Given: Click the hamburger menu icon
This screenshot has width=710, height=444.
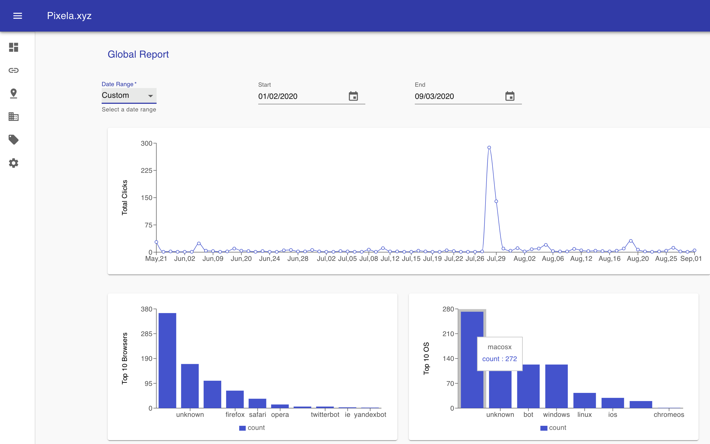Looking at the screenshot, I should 18,16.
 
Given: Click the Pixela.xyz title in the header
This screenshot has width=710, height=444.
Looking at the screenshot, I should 69,16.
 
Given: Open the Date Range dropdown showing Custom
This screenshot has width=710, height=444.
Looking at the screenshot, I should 129,95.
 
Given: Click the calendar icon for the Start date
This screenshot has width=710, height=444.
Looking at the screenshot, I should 353,96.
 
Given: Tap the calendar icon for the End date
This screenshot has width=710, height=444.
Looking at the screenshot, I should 510,96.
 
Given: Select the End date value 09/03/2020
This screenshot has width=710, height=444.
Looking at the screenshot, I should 434,96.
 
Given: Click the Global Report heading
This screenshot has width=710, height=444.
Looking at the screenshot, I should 138,54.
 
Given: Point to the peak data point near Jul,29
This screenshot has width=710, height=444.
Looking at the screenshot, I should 489,148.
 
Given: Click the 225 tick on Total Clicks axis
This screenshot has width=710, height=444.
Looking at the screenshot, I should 147,171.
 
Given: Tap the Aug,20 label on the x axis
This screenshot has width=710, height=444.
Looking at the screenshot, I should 638,259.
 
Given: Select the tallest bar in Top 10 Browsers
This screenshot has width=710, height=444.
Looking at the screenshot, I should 167,360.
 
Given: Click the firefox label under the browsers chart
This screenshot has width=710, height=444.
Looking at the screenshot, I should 235,415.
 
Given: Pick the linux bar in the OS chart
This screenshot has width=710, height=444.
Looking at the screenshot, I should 585,400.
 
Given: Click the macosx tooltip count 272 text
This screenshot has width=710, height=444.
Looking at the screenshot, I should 499,359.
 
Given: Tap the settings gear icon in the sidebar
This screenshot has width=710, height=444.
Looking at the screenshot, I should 14,163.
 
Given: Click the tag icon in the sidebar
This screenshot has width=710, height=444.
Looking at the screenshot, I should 14,140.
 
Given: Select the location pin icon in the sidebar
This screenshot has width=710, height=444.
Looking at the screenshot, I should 14,93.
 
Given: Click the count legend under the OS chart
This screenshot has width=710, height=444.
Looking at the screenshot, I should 553,428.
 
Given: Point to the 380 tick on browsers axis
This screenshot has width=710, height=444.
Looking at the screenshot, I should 147,309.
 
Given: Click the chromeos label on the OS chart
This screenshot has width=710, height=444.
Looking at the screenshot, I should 669,415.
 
